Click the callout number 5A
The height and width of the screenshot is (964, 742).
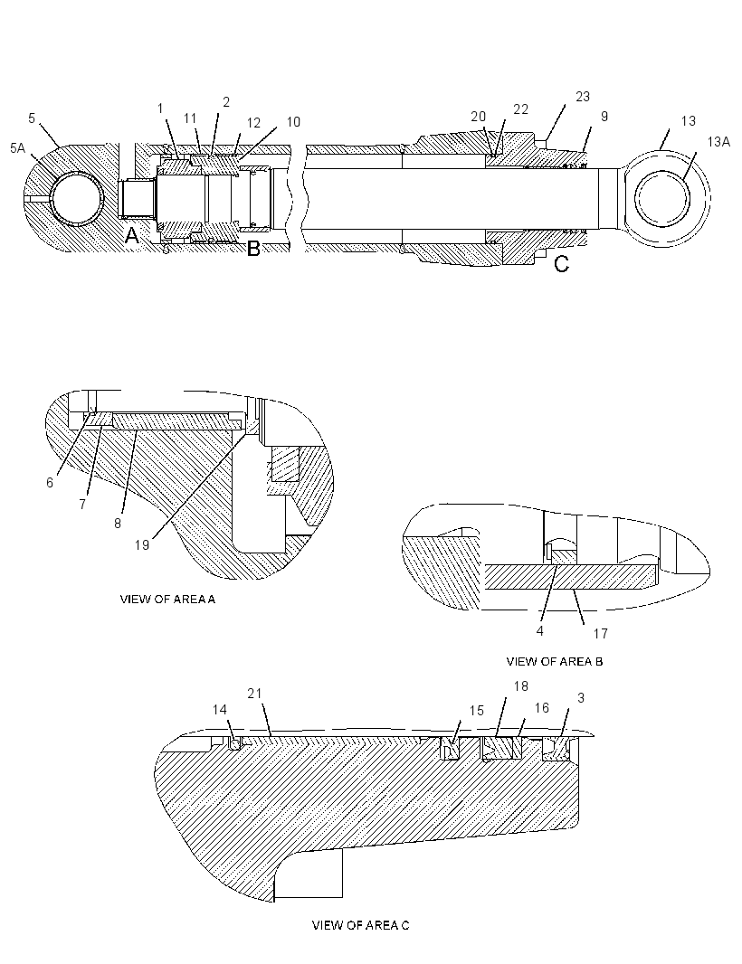[x=18, y=147]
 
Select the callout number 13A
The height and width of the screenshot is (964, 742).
[x=718, y=142]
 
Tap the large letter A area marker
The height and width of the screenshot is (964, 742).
[x=132, y=235]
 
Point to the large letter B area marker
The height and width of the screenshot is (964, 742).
[x=252, y=249]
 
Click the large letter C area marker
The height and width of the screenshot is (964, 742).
[x=562, y=264]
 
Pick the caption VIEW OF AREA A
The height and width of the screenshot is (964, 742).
[x=167, y=599]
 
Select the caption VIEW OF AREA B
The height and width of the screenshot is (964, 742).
[x=555, y=662]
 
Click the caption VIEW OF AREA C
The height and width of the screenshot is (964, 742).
[x=360, y=924]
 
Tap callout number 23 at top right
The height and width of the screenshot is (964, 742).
[x=583, y=97]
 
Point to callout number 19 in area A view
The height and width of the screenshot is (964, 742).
[x=141, y=544]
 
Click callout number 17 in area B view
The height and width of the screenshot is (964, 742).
[x=601, y=633]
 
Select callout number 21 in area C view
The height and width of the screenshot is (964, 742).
[x=254, y=694]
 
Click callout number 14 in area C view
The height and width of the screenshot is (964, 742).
[x=220, y=710]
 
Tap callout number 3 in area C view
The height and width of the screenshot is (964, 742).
[x=580, y=698]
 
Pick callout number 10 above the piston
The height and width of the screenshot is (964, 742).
[x=293, y=122]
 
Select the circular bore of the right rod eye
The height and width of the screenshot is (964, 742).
[x=663, y=198]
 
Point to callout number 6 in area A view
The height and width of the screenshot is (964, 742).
[x=50, y=483]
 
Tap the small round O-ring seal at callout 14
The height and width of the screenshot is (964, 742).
[x=234, y=744]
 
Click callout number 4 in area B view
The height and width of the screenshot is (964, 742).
[x=539, y=631]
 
